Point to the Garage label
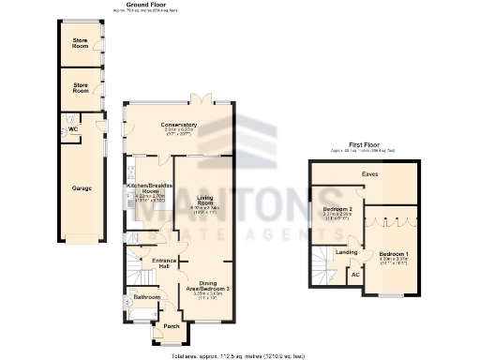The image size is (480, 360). [82, 188]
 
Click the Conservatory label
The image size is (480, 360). [178, 125]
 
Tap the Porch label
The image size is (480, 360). [171, 326]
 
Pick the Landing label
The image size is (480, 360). [347, 252]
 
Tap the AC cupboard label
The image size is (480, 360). [354, 277]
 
